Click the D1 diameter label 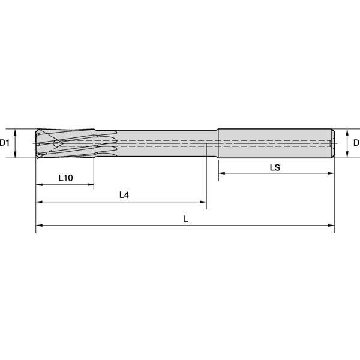tap(5, 143)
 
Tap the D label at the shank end tap(356, 143)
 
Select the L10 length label tap(65, 178)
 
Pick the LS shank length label tap(275, 168)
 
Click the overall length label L tap(185, 220)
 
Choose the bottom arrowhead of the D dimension tap(347, 155)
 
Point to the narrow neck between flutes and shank tap(168, 143)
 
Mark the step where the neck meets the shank tap(218, 143)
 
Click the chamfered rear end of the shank tap(332, 143)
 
